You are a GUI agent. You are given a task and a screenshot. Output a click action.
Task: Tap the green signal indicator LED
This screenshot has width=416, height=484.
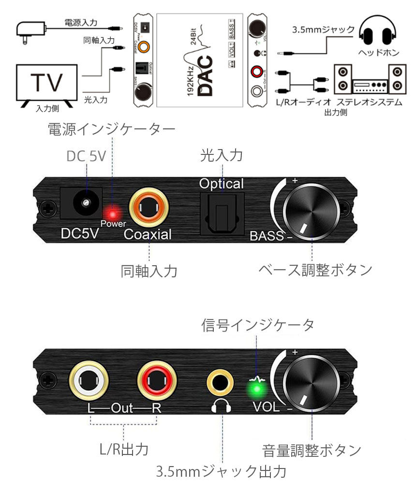pos(257,390)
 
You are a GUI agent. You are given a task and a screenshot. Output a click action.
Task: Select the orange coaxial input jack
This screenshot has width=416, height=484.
pos(149,209)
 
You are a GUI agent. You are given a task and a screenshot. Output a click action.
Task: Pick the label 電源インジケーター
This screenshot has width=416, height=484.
pos(111,129)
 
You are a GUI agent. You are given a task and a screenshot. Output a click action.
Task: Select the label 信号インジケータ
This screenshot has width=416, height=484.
pos(258,325)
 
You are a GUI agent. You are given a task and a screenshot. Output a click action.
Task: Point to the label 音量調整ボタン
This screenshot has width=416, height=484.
pos(312,450)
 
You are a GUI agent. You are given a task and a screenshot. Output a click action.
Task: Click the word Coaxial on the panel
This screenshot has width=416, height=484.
pos(148,235)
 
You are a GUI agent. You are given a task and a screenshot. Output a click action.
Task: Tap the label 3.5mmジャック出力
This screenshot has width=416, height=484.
pos(222,470)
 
